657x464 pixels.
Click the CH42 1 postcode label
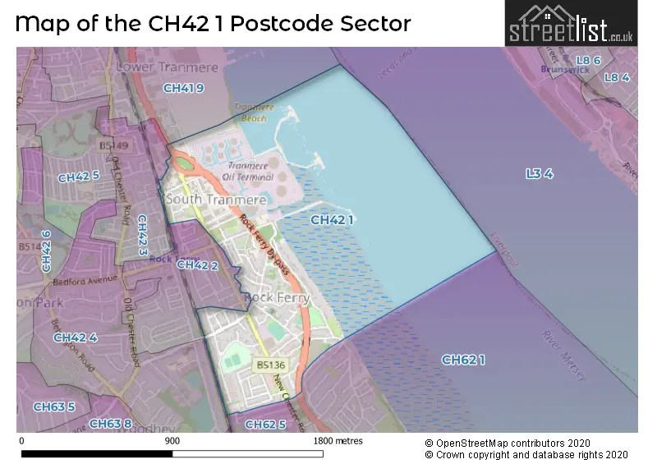333,220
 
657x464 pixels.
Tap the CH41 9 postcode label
183,88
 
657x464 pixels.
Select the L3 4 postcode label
540,173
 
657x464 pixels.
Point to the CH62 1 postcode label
464,360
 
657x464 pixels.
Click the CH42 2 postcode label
197,264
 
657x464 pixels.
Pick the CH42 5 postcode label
79,177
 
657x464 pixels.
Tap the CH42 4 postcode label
76,338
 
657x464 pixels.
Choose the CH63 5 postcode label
54,407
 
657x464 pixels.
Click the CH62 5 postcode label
265,424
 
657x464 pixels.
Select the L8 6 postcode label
589,61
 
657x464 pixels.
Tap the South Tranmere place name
216,200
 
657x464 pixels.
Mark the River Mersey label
564,355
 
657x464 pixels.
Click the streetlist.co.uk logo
572,25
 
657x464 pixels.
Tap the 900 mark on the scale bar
172,441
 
